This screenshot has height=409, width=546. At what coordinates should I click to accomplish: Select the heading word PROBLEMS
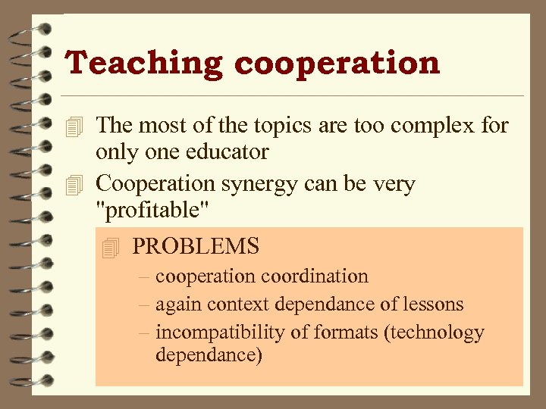pyautogui.click(x=196, y=246)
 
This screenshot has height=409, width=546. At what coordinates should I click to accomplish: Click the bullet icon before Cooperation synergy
pyautogui.click(x=73, y=185)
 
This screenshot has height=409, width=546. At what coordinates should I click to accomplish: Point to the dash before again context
pyautogui.click(x=144, y=304)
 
